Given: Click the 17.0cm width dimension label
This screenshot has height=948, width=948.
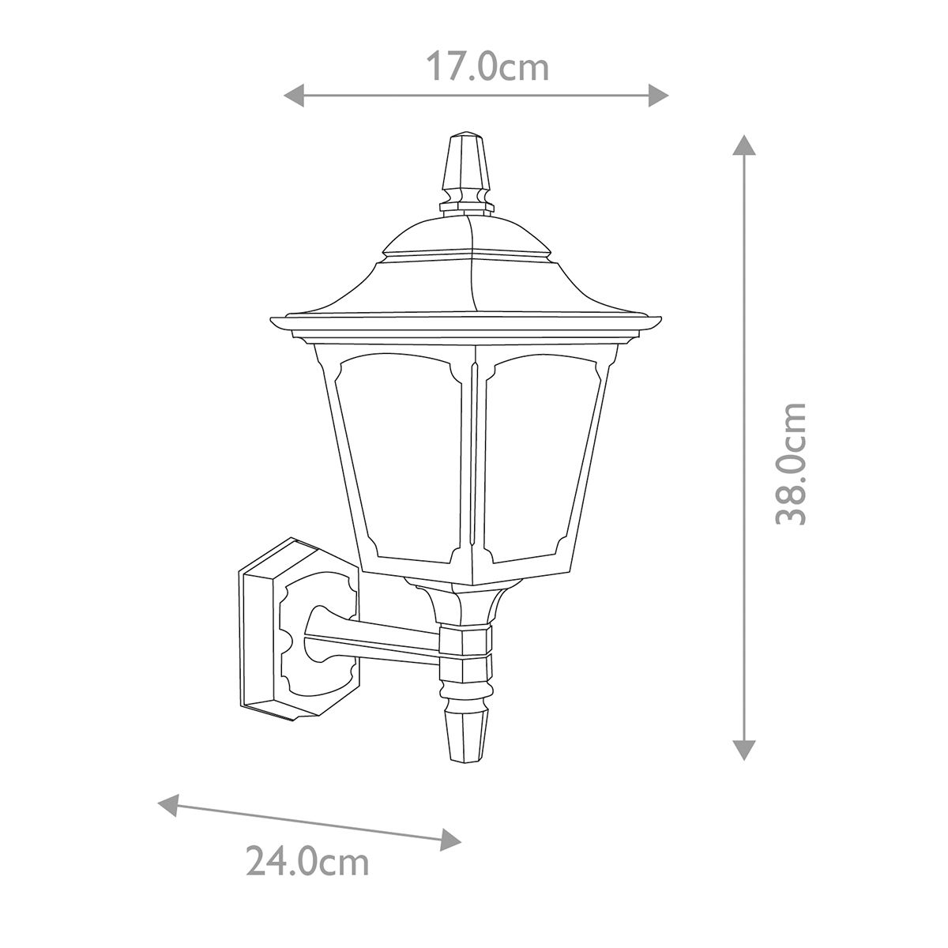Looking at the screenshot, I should (487, 66).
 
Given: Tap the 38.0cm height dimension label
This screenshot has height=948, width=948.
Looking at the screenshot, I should (791, 464).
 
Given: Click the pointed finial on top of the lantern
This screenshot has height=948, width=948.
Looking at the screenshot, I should (465, 166).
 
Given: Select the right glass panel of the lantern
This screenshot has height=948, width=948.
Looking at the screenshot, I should (541, 458).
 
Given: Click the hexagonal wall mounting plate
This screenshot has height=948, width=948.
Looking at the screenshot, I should (292, 628).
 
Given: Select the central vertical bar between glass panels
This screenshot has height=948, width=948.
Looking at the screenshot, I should (474, 466).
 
